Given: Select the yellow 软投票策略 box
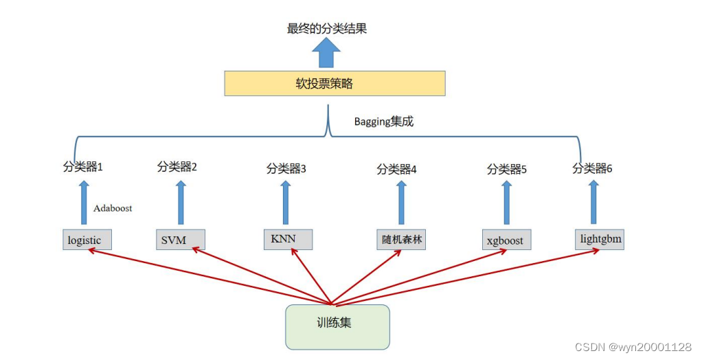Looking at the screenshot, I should [x=335, y=84].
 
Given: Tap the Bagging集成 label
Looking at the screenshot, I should [x=384, y=122].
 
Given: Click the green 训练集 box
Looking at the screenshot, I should [x=337, y=326].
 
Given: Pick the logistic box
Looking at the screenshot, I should [x=86, y=240].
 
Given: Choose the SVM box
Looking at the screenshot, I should [x=179, y=240].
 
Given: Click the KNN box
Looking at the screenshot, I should [x=288, y=238].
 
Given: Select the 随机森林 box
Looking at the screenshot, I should [x=401, y=239].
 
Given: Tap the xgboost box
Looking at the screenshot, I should [x=506, y=240].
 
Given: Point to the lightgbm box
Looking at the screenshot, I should [x=599, y=240].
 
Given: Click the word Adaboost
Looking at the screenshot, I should [x=113, y=207].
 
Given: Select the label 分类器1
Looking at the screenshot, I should [x=82, y=166].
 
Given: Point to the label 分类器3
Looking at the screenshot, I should [x=286, y=168].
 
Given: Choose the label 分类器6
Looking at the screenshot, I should [x=592, y=168].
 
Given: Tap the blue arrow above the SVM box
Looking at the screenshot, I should [x=181, y=203].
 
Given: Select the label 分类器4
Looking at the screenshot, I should [x=397, y=168].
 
